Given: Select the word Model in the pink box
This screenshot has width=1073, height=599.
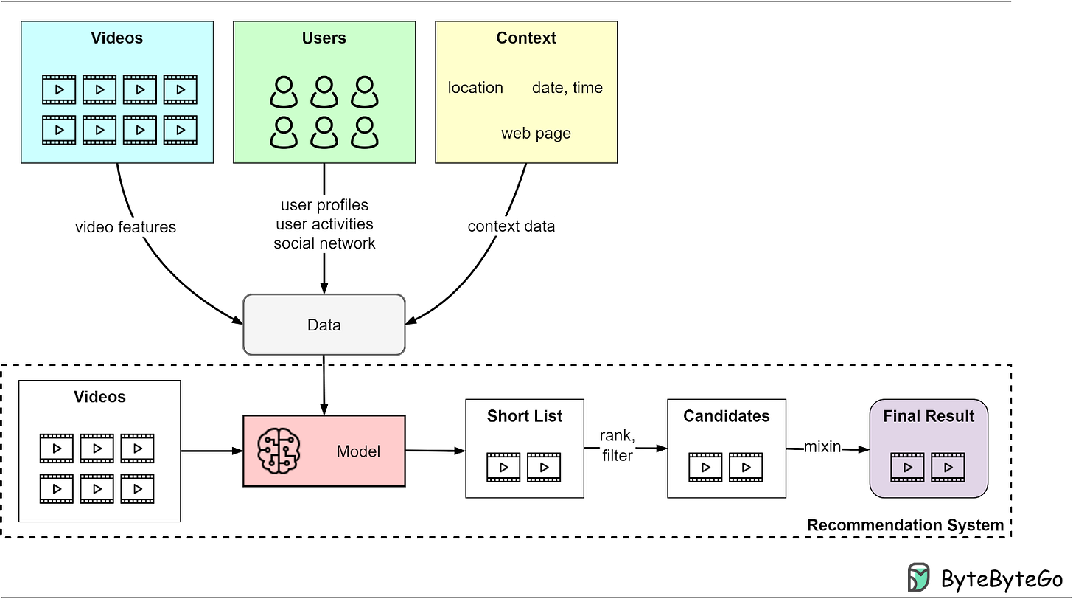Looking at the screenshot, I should [x=358, y=451].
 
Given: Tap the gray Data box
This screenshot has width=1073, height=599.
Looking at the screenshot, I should [x=324, y=325].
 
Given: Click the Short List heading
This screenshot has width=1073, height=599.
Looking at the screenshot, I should [x=524, y=416].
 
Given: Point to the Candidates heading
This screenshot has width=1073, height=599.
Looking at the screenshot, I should [x=726, y=416].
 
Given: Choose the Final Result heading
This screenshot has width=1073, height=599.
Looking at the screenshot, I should [x=929, y=416].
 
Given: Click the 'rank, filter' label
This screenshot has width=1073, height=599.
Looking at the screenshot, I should [x=617, y=446].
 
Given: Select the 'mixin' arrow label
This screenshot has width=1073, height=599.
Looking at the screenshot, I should [x=822, y=446].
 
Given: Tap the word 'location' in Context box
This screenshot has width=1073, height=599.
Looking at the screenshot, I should [x=475, y=88].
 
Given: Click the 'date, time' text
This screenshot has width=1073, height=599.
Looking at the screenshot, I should [x=567, y=88].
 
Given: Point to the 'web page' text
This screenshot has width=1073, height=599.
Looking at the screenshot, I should [x=536, y=134].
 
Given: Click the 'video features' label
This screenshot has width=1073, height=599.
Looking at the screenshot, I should [x=126, y=227].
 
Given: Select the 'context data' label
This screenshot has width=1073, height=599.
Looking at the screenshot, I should [x=511, y=226].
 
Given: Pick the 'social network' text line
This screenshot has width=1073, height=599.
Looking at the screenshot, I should [x=324, y=243].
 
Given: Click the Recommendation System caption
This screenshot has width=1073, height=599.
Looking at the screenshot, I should [x=905, y=525].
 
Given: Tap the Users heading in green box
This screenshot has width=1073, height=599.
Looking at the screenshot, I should [x=324, y=38].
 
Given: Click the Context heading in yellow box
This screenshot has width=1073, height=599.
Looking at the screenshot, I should [x=525, y=38].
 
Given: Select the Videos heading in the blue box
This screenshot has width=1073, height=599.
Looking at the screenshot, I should [x=116, y=38].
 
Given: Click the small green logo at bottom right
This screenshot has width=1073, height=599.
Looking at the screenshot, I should [x=918, y=577].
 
